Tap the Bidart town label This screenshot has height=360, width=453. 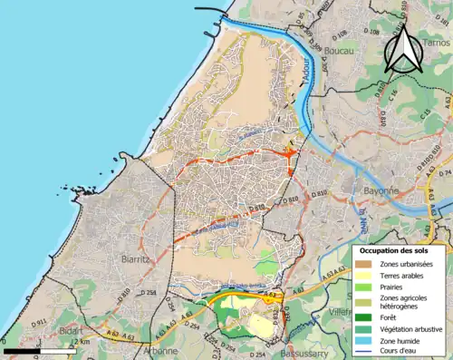70,332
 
